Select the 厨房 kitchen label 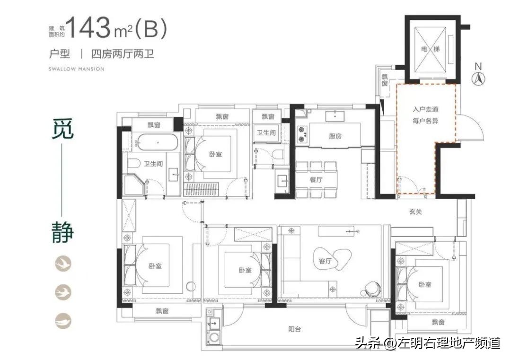click(x=335, y=136)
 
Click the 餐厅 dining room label click(x=316, y=180)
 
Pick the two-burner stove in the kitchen click(x=301, y=133)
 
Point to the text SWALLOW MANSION click(x=77, y=69)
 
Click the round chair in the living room click(x=373, y=285)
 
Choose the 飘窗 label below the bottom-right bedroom click(x=438, y=322)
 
